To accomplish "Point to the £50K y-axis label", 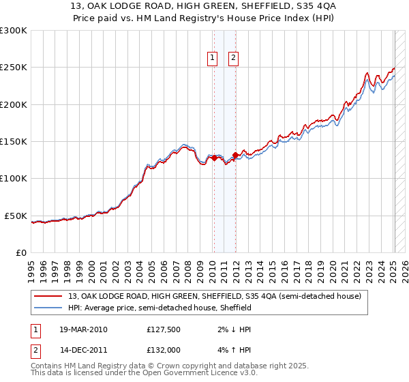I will tap(16, 216).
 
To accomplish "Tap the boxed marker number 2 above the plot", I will tap(233, 59).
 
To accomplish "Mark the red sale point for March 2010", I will tap(214, 158).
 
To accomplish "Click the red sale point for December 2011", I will tap(235, 154).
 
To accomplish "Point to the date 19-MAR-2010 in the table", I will tap(83, 329).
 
